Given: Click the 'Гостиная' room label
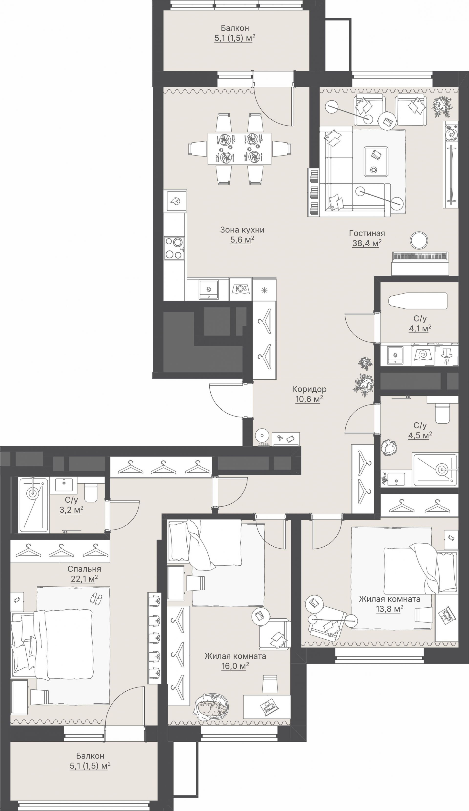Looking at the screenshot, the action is [x=367, y=233].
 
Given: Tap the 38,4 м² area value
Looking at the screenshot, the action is [x=367, y=243].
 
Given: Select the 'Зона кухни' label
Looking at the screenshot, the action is [x=242, y=230].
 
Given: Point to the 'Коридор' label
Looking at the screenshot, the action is [x=309, y=389].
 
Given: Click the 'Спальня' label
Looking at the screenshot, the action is [x=84, y=569].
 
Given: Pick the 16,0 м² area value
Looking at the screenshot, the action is [x=235, y=666].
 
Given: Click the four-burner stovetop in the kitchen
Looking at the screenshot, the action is [x=174, y=248].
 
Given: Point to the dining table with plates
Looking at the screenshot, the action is [x=239, y=148].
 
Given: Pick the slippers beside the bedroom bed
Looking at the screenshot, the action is [x=96, y=598].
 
